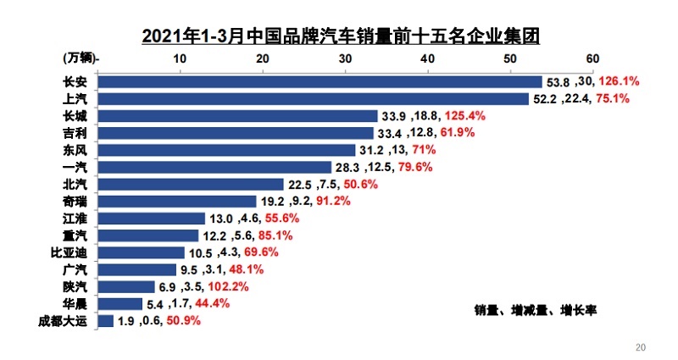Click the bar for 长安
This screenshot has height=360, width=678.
pyautogui.click(x=320, y=81)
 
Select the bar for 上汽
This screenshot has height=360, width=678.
pyautogui.click(x=314, y=99)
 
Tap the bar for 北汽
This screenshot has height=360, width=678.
pyautogui.click(x=191, y=184)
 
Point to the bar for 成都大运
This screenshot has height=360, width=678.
pyautogui.click(x=106, y=320)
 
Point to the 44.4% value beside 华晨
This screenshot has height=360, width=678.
pyautogui.click(x=211, y=303)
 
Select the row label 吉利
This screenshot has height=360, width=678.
pyautogui.click(x=75, y=133)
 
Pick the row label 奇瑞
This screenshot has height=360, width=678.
pyautogui.click(x=75, y=201)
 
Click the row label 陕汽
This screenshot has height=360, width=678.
pyautogui.click(x=75, y=286)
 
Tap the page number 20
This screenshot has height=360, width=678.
pyautogui.click(x=641, y=346)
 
